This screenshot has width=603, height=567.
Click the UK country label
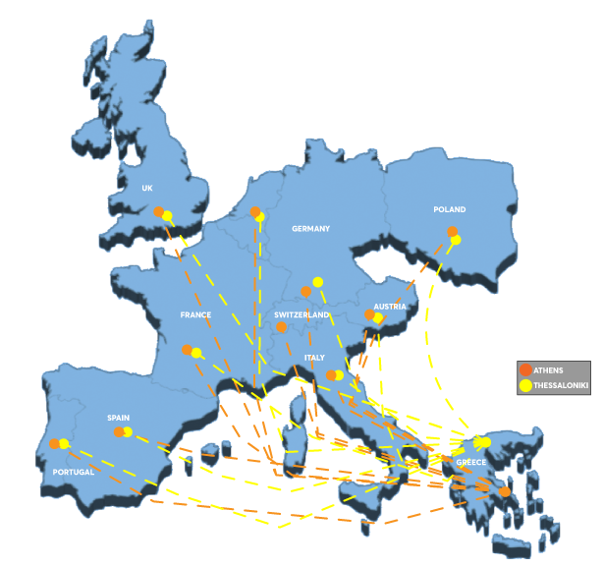click(147, 188)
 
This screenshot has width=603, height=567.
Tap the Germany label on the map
click(310, 229)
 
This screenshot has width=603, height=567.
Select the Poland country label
click(449, 209)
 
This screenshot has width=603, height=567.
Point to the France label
click(195, 315)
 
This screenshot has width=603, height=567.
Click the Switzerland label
click(301, 314)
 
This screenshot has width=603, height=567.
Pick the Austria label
click(390, 307)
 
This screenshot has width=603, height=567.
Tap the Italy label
click(314, 358)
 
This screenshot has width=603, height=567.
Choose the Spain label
click(118, 418)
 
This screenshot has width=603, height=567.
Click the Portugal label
click(74, 473)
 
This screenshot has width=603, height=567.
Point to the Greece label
click(471, 462)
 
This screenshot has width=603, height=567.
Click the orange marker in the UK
click(158, 211)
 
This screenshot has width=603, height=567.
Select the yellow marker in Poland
click(456, 240)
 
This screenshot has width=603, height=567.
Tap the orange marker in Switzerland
click(282, 327)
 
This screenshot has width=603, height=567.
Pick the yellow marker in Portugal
click(64, 444)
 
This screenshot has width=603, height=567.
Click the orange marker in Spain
click(119, 432)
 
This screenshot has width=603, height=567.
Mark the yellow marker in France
click(196, 353)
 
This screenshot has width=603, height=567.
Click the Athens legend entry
click(548, 369)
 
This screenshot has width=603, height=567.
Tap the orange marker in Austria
click(369, 315)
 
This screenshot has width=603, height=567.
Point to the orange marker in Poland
click(452, 232)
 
